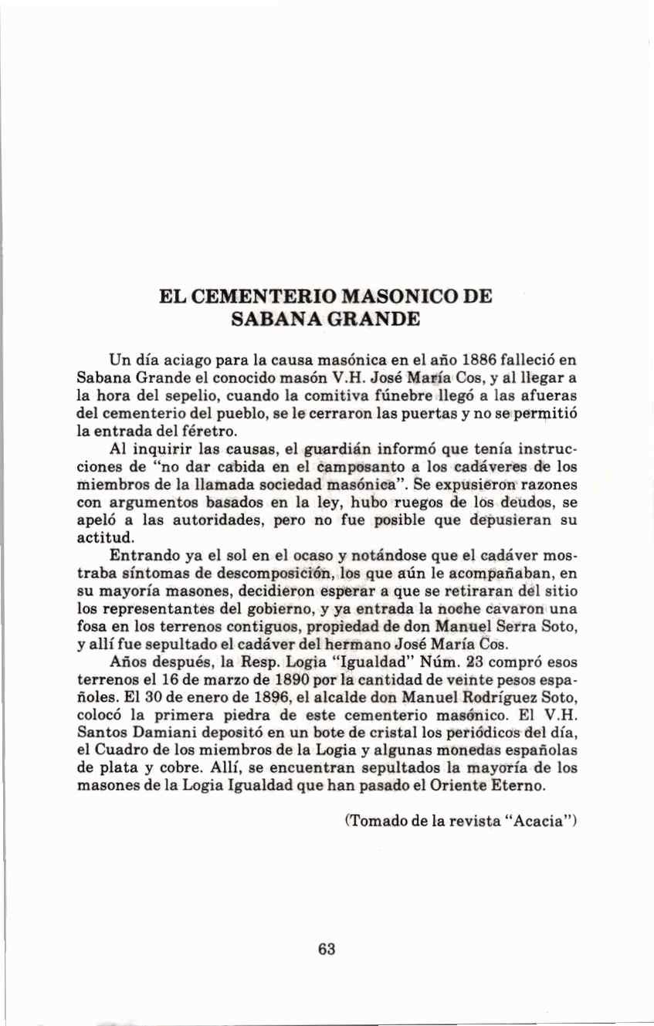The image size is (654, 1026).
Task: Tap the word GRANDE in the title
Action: coord(369,319)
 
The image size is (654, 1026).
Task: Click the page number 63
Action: coord(327,950)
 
